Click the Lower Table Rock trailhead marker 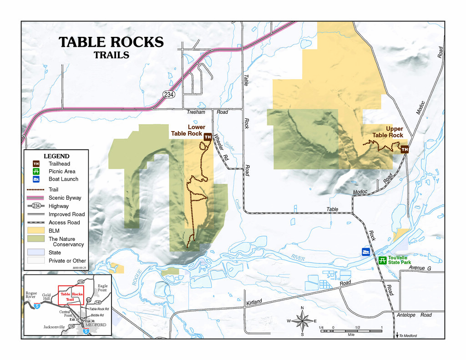pyautogui.click(x=208, y=137)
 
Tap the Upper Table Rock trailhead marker pyautogui.click(x=404, y=149)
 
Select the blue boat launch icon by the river pyautogui.click(x=365, y=252)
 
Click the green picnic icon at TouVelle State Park pyautogui.click(x=383, y=260)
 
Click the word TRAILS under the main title pyautogui.click(x=111, y=55)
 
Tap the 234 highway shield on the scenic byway pyautogui.click(x=168, y=94)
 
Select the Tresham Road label pyautogui.click(x=207, y=112)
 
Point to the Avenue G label pyautogui.click(x=419, y=268)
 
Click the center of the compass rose pyautogui.click(x=302, y=321)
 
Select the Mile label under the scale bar pyautogui.click(x=351, y=334)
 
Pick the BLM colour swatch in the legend pyautogui.click(x=35, y=231)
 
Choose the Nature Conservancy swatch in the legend pyautogui.click(x=35, y=239)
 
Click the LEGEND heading pyautogui.click(x=56, y=156)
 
